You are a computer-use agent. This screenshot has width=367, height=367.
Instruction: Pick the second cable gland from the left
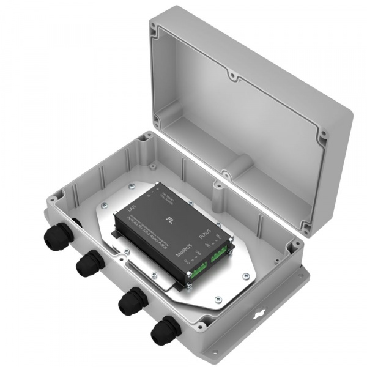88,264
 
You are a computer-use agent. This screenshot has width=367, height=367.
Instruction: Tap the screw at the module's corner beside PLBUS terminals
234,247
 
